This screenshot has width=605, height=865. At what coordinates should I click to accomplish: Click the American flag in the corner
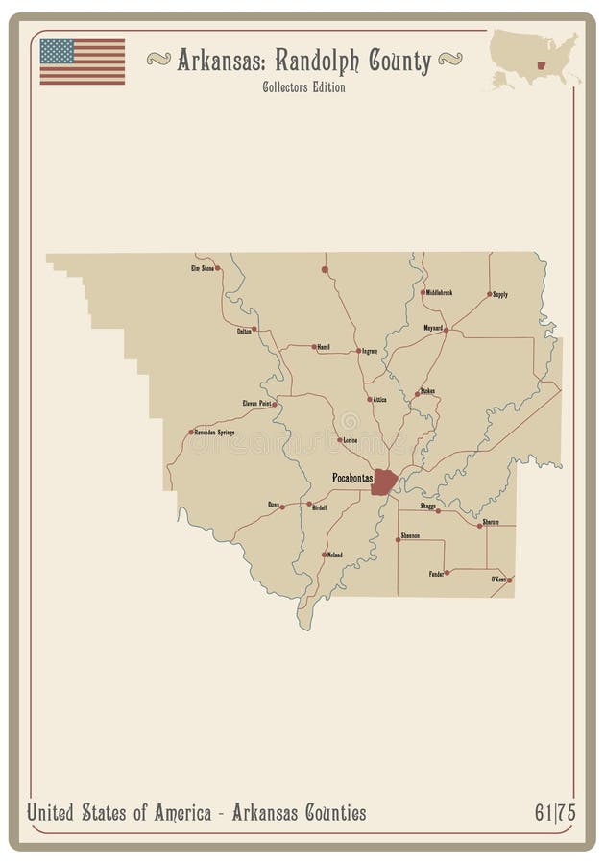click(x=82, y=61)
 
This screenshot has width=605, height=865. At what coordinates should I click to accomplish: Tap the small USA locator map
click(x=535, y=59)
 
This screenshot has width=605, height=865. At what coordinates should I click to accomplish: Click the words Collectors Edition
click(x=303, y=87)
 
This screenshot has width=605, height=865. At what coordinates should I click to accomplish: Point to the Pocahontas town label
click(x=351, y=477)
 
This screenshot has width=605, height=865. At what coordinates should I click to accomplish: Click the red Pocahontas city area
click(x=384, y=482)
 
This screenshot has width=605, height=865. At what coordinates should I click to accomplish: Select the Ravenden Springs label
click(x=214, y=432)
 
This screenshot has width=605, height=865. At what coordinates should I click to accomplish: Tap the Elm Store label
click(x=202, y=268)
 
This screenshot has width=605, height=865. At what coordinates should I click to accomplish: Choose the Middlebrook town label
click(x=439, y=292)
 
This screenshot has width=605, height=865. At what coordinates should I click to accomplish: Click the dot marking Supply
click(x=490, y=294)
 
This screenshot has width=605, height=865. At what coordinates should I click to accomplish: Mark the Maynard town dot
click(x=447, y=329)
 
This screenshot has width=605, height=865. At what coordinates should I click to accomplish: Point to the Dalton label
click(x=245, y=330)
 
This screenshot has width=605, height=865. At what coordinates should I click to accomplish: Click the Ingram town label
click(x=370, y=351)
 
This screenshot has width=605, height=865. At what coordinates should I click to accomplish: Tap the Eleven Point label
click(x=256, y=404)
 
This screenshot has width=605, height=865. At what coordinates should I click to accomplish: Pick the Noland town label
click(x=334, y=555)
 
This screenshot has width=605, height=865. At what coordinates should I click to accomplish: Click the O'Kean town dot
click(x=510, y=580)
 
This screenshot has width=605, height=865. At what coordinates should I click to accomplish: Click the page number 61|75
click(x=554, y=813)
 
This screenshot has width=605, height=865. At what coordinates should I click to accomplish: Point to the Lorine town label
click(x=350, y=439)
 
